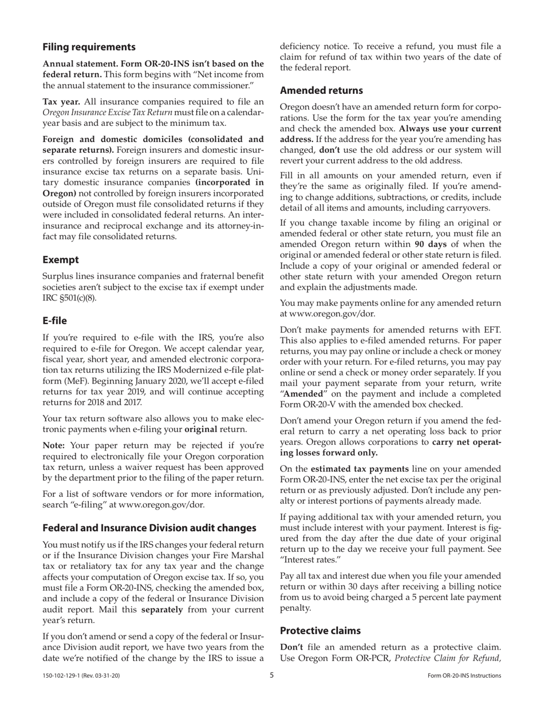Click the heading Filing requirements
tap(89, 47)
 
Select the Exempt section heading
tap(60, 260)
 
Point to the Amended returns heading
tap(321, 90)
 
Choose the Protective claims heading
tap(320, 631)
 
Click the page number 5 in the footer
tap(272, 675)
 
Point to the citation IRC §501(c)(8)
tap(68, 298)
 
